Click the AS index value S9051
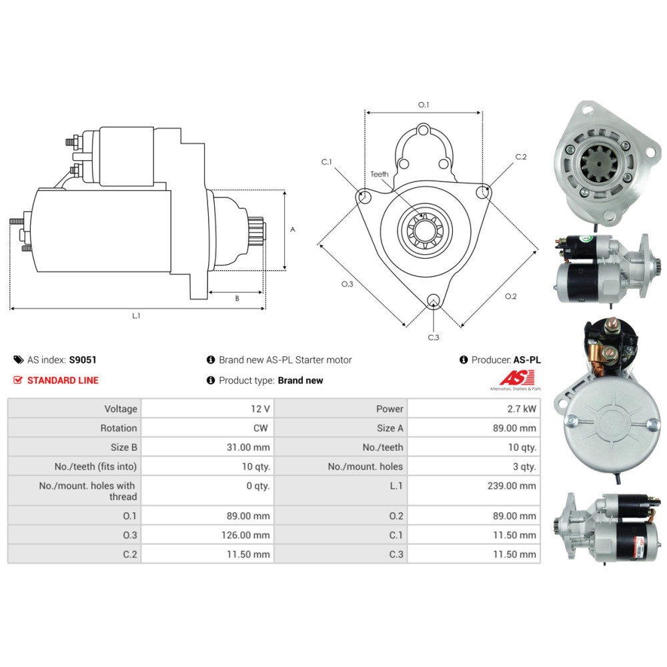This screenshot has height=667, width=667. [83, 360]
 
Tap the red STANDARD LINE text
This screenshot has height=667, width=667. [63, 380]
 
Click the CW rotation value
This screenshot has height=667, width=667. [260, 428]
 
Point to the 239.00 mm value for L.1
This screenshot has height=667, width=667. [512, 486]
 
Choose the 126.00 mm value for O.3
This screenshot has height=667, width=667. [245, 535]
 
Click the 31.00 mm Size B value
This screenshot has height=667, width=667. [248, 448]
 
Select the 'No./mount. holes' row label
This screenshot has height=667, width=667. [365, 467]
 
